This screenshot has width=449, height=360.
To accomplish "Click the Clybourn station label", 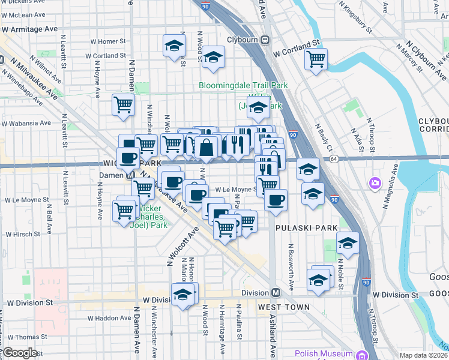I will [243, 40].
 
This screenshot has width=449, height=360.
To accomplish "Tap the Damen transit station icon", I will [130, 176].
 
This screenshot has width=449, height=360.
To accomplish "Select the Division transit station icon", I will [276, 293].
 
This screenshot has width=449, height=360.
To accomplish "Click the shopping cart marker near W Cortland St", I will [316, 59].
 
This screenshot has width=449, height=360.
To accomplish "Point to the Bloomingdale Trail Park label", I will [243, 86].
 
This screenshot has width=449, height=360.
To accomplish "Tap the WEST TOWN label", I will [284, 307].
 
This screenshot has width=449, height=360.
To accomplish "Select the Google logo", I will [19, 353].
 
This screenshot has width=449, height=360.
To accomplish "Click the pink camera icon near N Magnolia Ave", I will [376, 182].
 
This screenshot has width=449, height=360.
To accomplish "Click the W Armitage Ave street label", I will [29, 28].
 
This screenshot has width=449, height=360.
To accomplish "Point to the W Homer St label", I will [108, 42].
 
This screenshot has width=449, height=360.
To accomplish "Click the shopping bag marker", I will [206, 147].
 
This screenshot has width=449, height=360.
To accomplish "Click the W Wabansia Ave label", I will [26, 123].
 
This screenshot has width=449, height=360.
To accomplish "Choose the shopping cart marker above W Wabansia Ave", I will [123, 104].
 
